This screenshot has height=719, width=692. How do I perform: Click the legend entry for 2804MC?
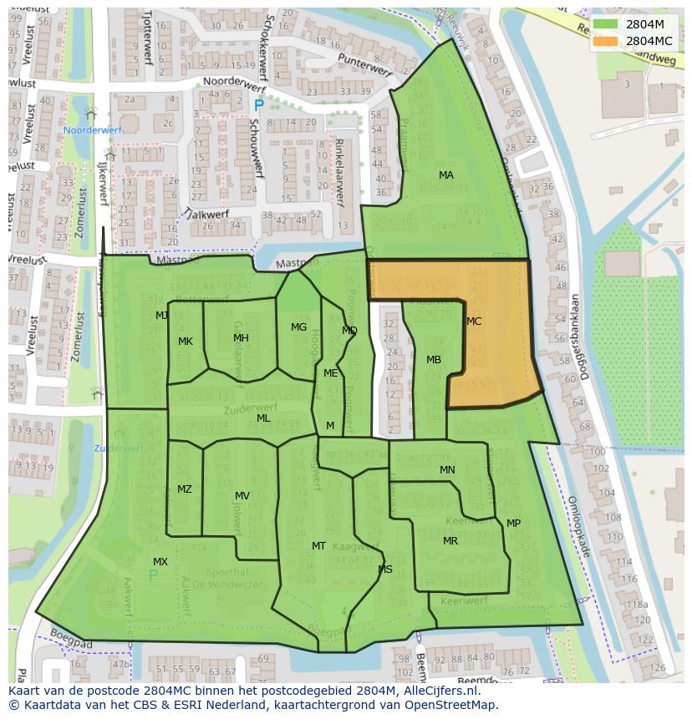[x=649, y=41]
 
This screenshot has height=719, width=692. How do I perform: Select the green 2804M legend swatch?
[x=606, y=24]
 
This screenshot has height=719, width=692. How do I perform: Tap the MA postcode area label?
[x=446, y=175]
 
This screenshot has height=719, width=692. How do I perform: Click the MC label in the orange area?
[x=474, y=322]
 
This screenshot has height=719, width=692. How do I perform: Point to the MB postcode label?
[x=434, y=360]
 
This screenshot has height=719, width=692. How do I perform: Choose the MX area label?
[x=160, y=562]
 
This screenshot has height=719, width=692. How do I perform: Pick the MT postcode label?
[x=318, y=546]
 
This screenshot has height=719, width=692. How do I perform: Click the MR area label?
[x=450, y=541]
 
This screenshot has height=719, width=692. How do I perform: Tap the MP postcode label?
[x=513, y=524]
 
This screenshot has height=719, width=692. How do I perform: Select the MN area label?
[x=447, y=470]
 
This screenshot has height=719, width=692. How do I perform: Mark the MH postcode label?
[x=241, y=338]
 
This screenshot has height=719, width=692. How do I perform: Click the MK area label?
[x=186, y=342]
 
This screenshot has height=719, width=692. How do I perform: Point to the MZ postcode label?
[x=185, y=489]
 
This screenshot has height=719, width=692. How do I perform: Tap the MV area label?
[x=242, y=496]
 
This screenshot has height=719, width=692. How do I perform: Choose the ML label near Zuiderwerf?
[x=263, y=418]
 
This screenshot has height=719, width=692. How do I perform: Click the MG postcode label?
[x=298, y=327]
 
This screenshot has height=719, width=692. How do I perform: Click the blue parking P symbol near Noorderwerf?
[x=258, y=105]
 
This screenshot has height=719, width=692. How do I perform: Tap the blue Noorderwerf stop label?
[x=92, y=131]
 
